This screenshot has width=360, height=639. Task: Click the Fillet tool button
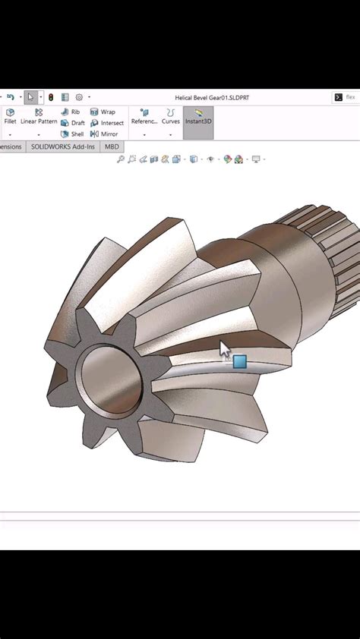10,116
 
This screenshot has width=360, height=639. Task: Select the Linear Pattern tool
39,116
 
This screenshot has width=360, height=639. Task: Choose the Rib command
71,112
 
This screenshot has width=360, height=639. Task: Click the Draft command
73,123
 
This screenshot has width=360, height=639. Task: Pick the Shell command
72,134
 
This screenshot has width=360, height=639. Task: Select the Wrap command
103,112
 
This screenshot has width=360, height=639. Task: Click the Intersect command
107,123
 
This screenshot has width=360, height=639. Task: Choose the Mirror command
104,134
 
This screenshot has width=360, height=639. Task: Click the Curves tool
171,116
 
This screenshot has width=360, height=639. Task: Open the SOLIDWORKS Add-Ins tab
63,146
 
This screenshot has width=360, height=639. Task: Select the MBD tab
112,146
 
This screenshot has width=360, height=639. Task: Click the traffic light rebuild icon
51,97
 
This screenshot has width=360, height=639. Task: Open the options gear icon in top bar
79,97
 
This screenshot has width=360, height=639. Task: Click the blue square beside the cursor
240,362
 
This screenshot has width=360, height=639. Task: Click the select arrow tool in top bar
30,97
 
